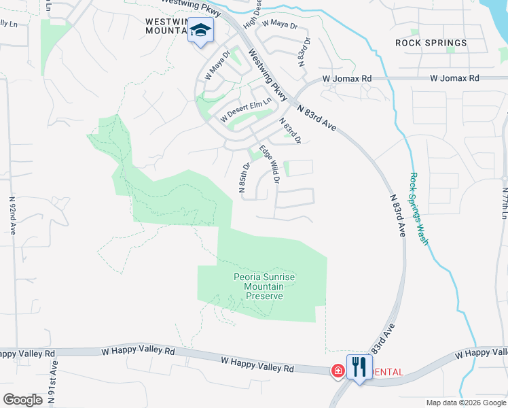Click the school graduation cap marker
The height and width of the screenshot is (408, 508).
pyautogui.click(x=201, y=31)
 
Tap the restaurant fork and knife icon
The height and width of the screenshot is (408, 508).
pyautogui.click(x=359, y=368)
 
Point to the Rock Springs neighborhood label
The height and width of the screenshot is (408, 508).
pyautogui.click(x=431, y=43)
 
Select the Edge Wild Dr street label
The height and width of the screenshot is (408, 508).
pyautogui.click(x=270, y=164)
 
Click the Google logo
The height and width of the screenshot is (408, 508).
pyautogui.click(x=22, y=400)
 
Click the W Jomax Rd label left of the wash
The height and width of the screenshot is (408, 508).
pyautogui.click(x=347, y=79)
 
